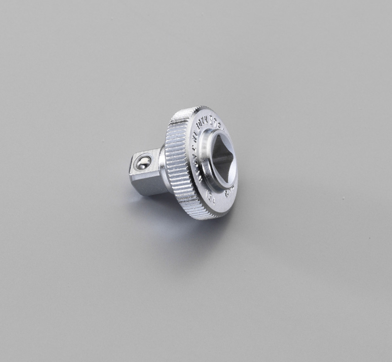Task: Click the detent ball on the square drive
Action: tap(143, 163)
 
